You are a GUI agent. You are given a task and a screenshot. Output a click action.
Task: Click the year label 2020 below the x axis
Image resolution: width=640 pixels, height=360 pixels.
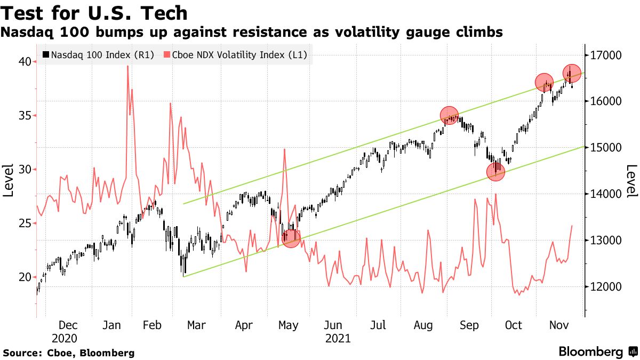pyautogui.click(x=65, y=338)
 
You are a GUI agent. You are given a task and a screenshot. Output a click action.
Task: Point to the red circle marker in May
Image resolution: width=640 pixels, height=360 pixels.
pyautogui.click(x=291, y=238)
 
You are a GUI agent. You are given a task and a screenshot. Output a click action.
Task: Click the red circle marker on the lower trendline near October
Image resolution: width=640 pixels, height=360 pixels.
pyautogui.click(x=495, y=172)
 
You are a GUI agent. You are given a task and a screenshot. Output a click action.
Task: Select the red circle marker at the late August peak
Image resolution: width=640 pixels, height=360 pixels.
pyautogui.click(x=450, y=115)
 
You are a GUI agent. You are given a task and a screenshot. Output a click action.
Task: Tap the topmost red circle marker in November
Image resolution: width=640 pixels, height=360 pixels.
pyautogui.click(x=571, y=73)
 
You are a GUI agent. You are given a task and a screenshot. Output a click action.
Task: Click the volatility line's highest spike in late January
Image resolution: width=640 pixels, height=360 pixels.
pyautogui.click(x=127, y=66)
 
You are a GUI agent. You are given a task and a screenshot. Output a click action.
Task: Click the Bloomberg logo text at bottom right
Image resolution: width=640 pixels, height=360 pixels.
pyautogui.click(x=590, y=352)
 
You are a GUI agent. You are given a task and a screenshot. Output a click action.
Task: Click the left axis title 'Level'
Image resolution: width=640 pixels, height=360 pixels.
pyautogui.click(x=8, y=181)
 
